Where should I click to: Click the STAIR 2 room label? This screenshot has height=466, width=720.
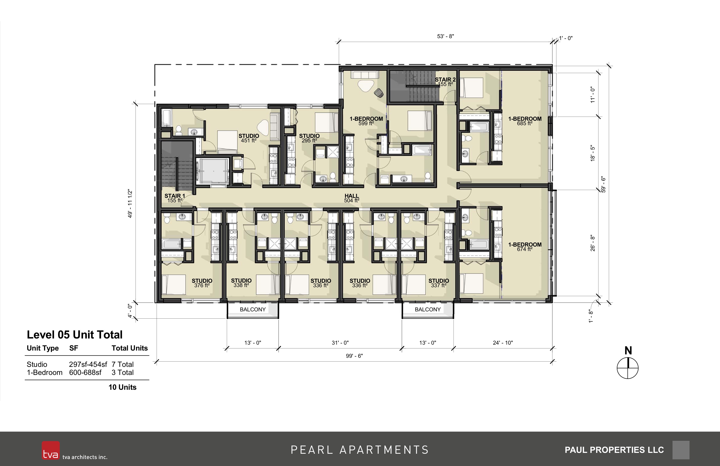point(445,82)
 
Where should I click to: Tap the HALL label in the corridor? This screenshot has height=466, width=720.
point(352,198)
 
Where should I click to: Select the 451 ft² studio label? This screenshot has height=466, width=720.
point(249,138)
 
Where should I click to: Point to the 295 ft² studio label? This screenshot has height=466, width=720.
point(309,138)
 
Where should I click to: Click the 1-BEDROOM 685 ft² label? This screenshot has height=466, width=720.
point(525,121)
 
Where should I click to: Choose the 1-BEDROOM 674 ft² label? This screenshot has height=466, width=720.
point(525,247)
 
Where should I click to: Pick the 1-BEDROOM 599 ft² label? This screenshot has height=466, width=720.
point(366,121)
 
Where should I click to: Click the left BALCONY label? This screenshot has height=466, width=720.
point(253,309)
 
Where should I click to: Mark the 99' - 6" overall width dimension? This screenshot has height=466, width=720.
point(354,356)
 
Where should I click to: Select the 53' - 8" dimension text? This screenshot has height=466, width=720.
point(445,36)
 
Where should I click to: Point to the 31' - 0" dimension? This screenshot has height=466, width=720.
point(340,343)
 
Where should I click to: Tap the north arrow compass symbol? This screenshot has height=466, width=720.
point(627,368)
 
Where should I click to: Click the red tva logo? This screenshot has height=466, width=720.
point(51,450)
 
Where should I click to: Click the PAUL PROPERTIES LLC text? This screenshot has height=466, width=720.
point(614,450)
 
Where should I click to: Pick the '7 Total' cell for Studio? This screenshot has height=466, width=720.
point(123,364)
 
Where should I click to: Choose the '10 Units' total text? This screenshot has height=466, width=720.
point(123,387)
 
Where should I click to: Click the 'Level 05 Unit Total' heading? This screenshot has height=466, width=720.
point(75,335)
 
